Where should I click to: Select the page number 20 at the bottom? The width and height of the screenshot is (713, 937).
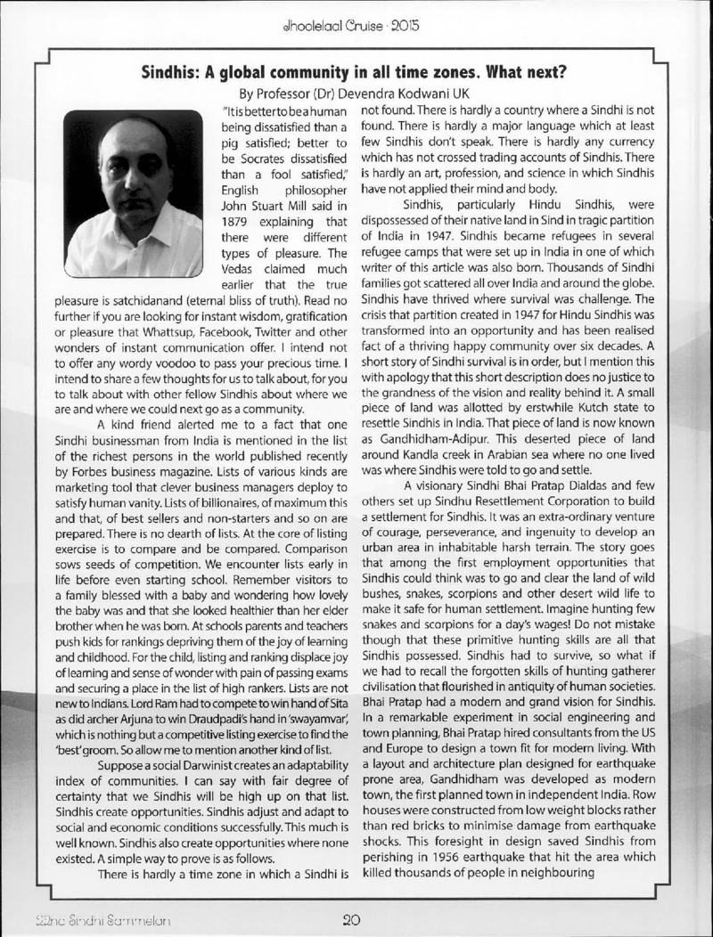coord(350,913)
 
